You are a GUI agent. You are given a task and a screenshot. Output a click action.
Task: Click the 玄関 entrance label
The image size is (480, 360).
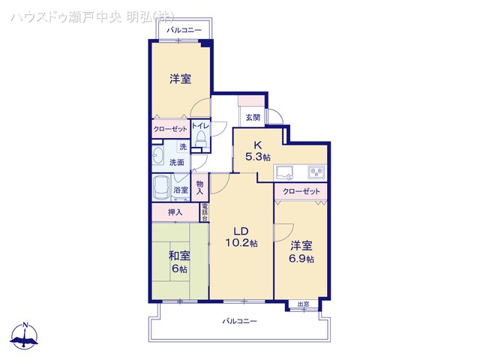[251, 117]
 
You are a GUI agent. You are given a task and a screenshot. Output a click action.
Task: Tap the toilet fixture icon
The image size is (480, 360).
[201, 140]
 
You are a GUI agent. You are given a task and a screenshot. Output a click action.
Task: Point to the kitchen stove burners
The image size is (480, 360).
[316, 172]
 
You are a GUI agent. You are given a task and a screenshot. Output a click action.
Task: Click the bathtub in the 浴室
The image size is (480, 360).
[162, 187]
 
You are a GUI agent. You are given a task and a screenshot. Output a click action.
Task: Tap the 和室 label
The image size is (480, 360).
[179, 256]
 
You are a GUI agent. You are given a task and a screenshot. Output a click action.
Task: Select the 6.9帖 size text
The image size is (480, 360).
[302, 259]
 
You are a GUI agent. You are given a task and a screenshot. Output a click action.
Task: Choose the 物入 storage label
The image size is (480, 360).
[200, 187]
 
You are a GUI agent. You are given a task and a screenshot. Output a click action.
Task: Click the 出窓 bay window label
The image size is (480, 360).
[303, 304]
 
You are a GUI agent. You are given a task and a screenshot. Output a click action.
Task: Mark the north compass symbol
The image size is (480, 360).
[26, 336]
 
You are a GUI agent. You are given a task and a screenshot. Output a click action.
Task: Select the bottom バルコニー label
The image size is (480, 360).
[240, 321]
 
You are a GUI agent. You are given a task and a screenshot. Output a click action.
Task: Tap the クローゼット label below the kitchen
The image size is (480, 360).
[301, 192]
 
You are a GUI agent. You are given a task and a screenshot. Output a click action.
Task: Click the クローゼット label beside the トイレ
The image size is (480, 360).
[170, 129]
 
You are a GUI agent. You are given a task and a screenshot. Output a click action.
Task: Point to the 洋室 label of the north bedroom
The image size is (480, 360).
[179, 79]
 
